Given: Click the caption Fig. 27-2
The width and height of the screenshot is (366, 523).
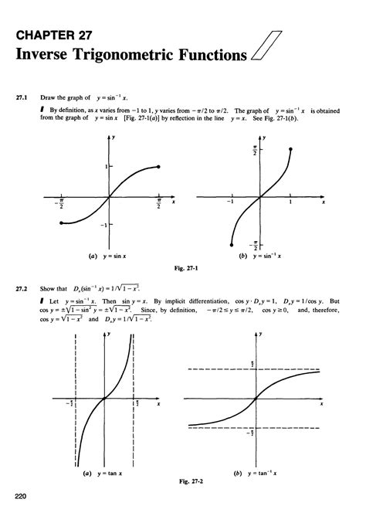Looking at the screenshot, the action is coord(183,480).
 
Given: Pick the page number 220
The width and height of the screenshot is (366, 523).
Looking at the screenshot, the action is coord(21,496).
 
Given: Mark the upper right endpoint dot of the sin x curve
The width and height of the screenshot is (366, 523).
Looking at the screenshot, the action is coord(158,167).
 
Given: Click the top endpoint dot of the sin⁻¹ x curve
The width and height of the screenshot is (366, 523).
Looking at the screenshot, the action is coord(290,148).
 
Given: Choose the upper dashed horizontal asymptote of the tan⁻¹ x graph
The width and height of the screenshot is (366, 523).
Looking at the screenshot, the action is coord(255,369).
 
